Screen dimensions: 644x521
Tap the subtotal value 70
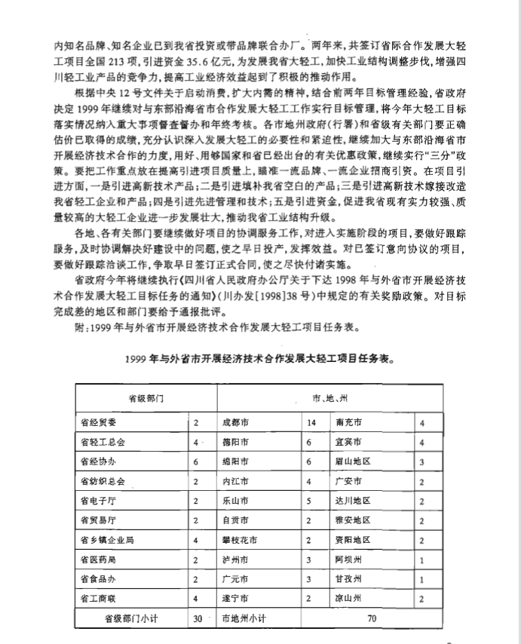click(x=371, y=618)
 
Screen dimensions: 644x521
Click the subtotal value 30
click(x=198, y=618)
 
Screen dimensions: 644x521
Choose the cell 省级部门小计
click(x=128, y=618)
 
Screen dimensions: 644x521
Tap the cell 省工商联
click(x=98, y=599)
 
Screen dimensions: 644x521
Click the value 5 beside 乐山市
click(x=308, y=501)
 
